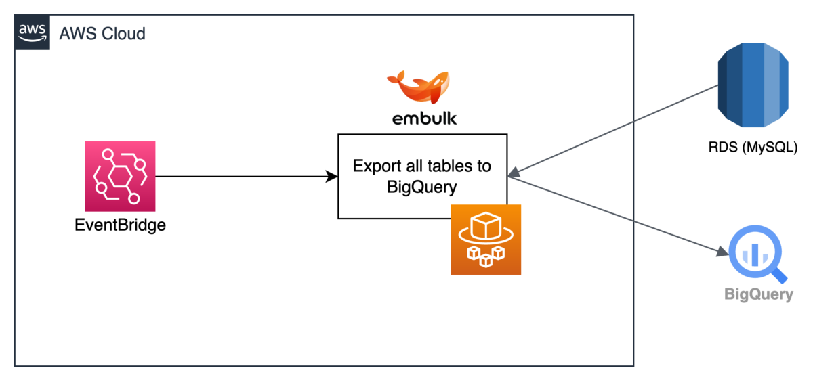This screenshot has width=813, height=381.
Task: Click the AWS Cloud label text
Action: click(x=102, y=33)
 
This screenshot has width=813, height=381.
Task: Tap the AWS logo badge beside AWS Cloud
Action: click(x=33, y=33)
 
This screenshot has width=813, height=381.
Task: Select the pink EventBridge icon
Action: click(x=120, y=176)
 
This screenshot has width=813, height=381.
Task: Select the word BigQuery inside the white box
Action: click(x=422, y=187)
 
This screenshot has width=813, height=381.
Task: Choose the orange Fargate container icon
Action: click(x=486, y=240)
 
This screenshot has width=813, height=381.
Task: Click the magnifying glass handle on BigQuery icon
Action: click(x=779, y=273)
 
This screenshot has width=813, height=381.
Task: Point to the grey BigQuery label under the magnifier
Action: click(x=758, y=294)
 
